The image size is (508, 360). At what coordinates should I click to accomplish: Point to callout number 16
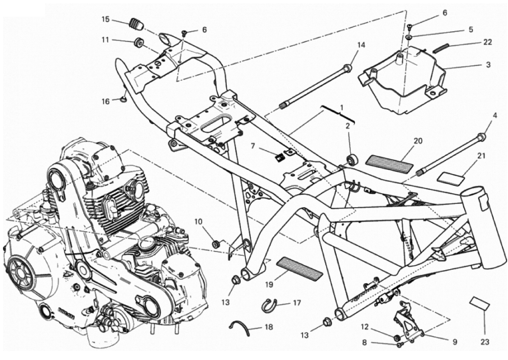click(x=106, y=101)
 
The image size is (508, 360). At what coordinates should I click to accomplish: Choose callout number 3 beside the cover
click(x=488, y=65)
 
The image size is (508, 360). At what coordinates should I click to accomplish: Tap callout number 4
click(x=494, y=116)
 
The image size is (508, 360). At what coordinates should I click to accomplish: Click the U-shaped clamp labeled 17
click(x=268, y=306)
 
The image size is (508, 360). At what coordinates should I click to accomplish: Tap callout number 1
click(x=342, y=106)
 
